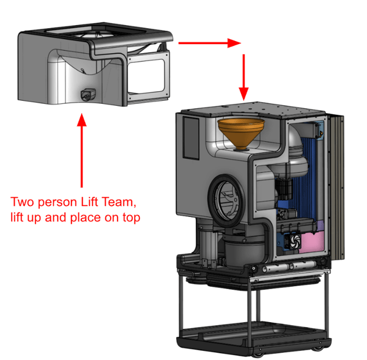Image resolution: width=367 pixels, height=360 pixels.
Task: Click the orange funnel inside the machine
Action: tap(240, 131)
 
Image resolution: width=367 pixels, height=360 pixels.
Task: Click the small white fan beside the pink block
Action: tap(292, 241)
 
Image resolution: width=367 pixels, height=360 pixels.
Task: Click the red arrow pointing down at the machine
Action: tap(244, 77)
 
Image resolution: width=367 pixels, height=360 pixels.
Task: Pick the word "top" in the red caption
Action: tap(130, 217)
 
